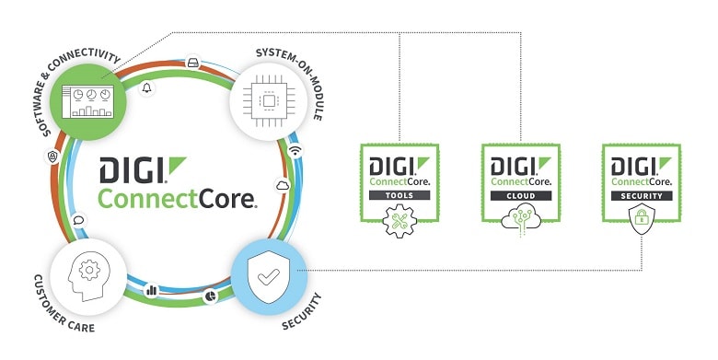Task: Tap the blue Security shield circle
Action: tap(267, 277)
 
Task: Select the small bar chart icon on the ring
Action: tap(151, 291)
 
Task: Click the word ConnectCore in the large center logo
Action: tap(178, 198)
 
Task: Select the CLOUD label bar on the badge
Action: tap(522, 196)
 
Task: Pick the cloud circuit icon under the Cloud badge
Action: tap(522, 221)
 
